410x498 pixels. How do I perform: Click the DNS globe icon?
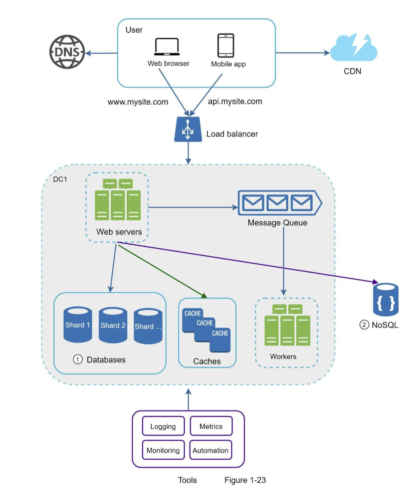67,52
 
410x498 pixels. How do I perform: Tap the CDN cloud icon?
353,48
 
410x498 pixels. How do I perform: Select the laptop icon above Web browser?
167,47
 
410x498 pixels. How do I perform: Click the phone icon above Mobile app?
226,45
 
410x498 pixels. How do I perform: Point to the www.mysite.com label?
138,102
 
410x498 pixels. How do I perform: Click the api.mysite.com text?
235,101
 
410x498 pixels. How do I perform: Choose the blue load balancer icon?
188,129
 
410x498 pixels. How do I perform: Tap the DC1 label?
60,179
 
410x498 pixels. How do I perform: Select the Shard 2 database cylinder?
113,325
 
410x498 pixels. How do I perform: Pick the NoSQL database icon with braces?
386,300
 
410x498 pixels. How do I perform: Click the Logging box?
163,426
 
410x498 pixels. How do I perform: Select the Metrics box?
211,426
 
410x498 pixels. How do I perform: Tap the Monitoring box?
163,450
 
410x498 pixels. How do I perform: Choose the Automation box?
210,450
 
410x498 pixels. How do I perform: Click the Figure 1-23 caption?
245,480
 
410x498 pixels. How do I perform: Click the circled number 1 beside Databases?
78,360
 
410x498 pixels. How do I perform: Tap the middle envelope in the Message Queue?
277,203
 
